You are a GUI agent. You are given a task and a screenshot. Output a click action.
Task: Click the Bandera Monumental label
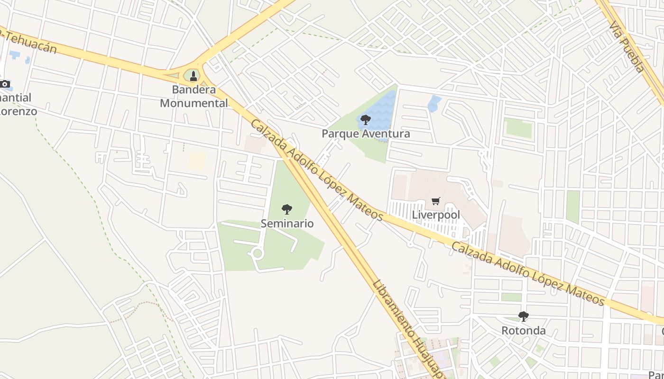pos(194,96)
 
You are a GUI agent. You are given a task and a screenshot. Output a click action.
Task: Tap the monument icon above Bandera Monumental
pos(193,76)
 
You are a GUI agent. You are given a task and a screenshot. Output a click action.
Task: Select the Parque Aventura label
pos(366,134)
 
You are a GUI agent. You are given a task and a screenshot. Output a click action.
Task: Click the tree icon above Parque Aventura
pos(365,119)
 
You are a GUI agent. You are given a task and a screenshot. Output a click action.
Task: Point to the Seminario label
pos(287,223)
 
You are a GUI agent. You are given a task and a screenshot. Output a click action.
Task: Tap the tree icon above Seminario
pos(286,209)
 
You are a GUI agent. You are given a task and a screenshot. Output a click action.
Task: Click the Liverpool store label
pos(436,215)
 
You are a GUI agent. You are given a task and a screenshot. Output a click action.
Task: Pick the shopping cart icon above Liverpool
pos(436,201)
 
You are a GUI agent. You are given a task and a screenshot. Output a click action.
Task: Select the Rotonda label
pos(524,331)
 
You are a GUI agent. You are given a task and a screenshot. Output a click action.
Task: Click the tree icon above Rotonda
pos(523,316)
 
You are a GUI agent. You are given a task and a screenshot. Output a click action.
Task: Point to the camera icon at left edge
pos(5,84)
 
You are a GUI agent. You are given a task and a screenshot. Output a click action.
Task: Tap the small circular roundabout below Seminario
pos(258,253)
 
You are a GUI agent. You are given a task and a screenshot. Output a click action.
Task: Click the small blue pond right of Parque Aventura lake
pos(434,103)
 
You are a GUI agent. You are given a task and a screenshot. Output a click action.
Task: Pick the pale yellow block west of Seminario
pos(196,161)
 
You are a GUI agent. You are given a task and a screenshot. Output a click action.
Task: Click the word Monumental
pos(194,103)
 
